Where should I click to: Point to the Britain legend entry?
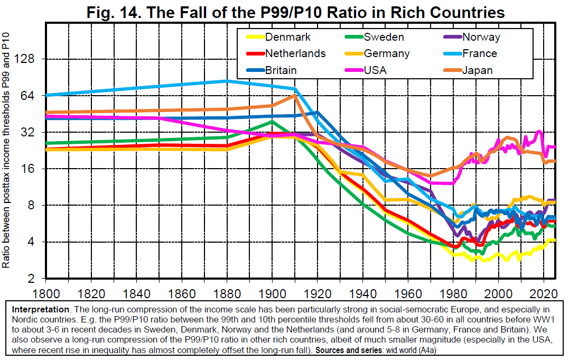[x=281, y=70]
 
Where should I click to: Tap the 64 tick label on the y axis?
[x=27, y=96]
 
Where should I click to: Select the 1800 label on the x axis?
[x=45, y=292]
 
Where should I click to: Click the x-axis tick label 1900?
[x=272, y=292]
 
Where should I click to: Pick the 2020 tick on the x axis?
[x=544, y=292]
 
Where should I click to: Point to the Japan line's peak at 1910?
[x=295, y=95]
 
